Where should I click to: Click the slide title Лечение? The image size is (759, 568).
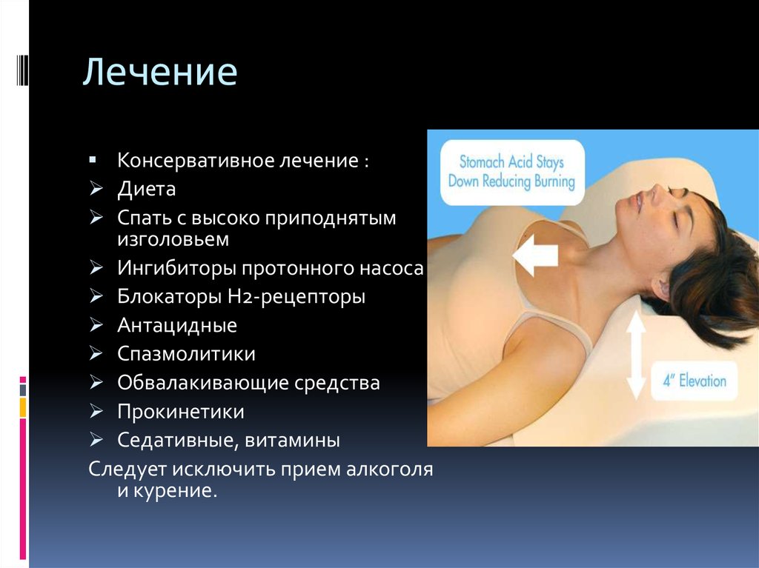160,72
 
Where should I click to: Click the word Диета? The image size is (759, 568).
146,189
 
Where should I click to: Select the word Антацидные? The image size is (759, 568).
177,326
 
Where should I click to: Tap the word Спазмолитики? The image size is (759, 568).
186,354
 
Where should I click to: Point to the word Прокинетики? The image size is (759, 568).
181,412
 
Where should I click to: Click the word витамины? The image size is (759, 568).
292,441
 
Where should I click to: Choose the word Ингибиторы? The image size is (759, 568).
176,268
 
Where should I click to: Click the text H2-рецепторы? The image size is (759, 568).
296,297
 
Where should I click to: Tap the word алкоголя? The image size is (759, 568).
389,470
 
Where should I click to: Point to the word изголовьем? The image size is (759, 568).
173,239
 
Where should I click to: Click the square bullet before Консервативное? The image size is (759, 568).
93,160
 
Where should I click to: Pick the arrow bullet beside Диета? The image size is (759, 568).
96,188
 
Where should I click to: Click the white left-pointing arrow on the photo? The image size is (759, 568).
535,255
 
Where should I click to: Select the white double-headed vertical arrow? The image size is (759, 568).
636,355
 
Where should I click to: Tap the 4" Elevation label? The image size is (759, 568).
695,381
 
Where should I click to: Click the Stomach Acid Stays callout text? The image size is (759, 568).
511,172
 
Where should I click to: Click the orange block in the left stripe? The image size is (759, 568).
23,407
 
